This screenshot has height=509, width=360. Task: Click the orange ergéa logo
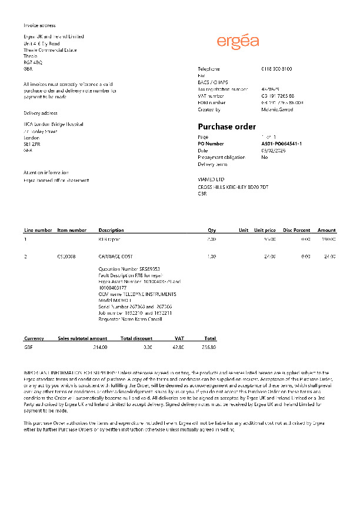[x=238, y=41]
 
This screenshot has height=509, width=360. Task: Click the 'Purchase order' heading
[x=226, y=127]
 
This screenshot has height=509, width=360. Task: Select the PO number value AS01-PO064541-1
[x=281, y=143]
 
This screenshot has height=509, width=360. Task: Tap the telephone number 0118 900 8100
[x=276, y=69]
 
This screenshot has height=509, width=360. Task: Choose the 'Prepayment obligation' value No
[x=264, y=157]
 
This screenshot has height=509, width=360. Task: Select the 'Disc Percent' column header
[x=296, y=230]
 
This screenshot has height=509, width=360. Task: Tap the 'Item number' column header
[x=72, y=230]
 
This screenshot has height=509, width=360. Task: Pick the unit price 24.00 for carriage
[x=269, y=257]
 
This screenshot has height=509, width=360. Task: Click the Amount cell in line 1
[x=328, y=239]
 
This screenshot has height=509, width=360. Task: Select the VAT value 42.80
[x=178, y=348]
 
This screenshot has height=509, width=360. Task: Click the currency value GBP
[x=28, y=348]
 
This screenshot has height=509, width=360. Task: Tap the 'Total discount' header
[x=136, y=338]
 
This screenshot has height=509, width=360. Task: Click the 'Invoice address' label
[x=39, y=25]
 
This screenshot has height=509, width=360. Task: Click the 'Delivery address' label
[x=40, y=113]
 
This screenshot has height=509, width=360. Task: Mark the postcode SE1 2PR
[x=31, y=144]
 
